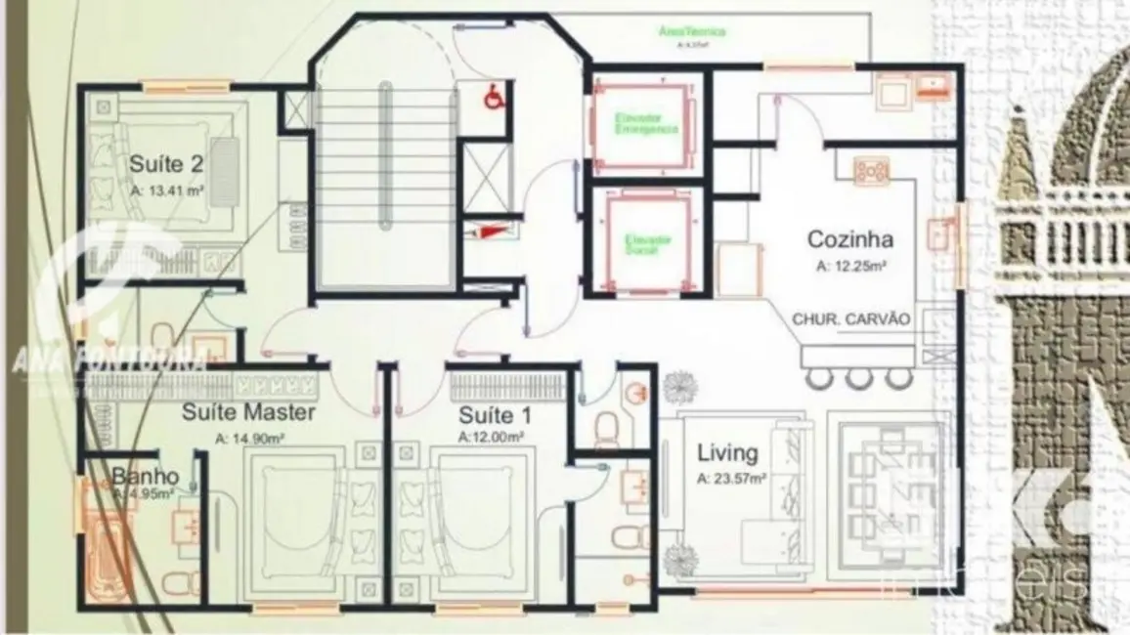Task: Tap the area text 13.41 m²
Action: pos(167,190)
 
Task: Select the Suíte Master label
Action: pos(248,412)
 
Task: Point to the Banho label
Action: pos(145,477)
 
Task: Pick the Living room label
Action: pos(727,453)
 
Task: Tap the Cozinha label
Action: pos(849,239)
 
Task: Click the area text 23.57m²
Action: pos(731,479)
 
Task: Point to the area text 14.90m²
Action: pos(248,439)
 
